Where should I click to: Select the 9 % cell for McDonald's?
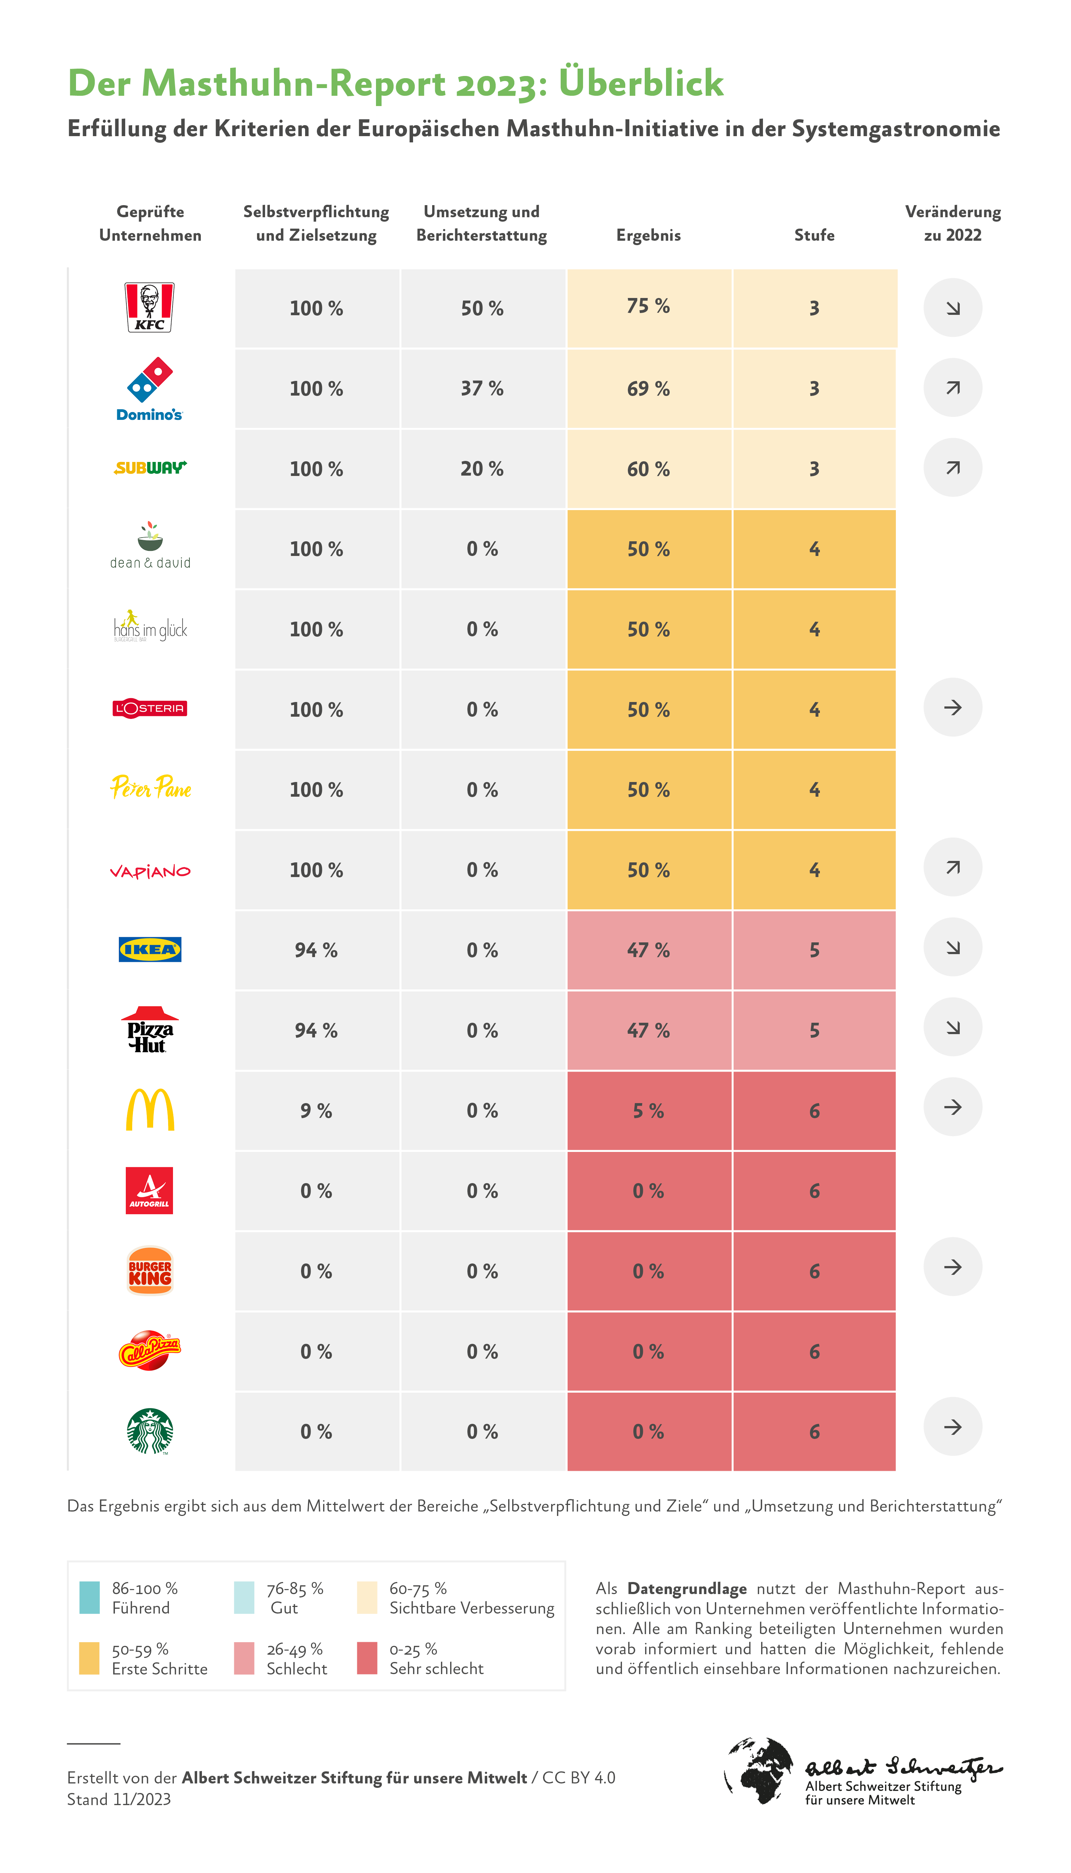point(316,1111)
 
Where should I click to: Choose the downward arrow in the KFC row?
point(952,307)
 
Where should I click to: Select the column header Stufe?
point(814,235)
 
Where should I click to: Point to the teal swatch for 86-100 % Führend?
point(89,1597)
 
